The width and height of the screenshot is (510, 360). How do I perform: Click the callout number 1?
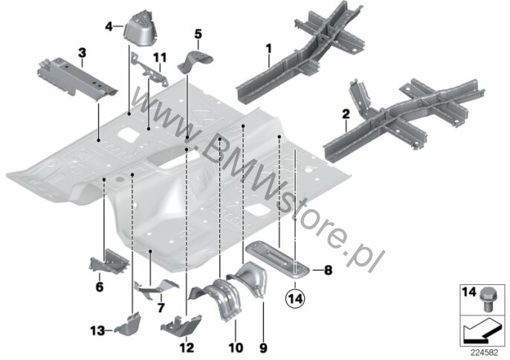[268, 49]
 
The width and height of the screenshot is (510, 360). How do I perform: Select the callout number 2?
[346, 115]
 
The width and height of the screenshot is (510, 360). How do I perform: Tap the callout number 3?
[83, 52]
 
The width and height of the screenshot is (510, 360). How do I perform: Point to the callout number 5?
[198, 34]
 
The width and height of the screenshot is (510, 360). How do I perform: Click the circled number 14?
[295, 298]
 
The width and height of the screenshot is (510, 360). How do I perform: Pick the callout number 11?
[160, 57]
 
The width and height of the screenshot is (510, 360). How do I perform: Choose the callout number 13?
[97, 331]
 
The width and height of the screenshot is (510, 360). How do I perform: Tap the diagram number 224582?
[485, 353]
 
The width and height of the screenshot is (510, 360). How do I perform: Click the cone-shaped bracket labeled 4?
[141, 29]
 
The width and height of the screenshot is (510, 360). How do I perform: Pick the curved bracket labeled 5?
[195, 62]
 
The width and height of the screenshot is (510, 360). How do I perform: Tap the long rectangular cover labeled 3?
[77, 78]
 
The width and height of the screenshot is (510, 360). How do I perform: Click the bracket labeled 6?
[109, 262]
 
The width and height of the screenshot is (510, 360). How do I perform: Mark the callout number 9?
[263, 348]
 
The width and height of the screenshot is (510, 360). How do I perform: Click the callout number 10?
[236, 348]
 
